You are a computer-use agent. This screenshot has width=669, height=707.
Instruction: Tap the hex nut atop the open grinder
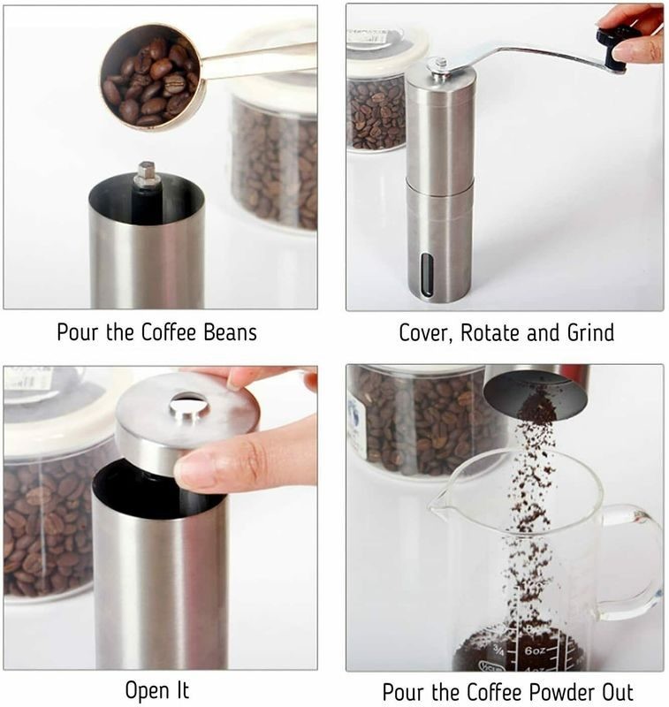(x=146, y=174)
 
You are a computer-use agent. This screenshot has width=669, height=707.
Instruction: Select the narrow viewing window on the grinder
(x=427, y=275)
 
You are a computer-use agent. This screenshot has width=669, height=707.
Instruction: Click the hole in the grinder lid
(x=189, y=407)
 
